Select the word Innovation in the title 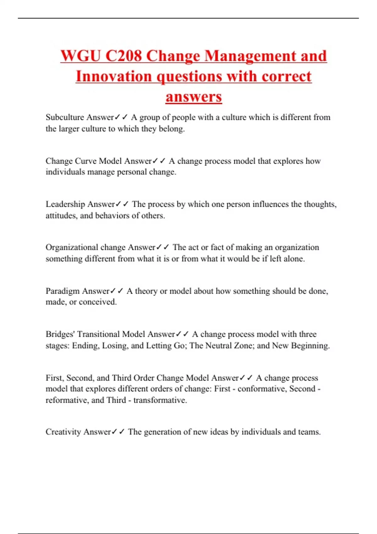pyautogui.click(x=113, y=76)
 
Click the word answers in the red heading pyautogui.click(x=194, y=96)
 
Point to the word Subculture pyautogui.click(x=65, y=117)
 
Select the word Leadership pyautogui.click(x=65, y=204)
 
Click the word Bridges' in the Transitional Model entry pyautogui.click(x=60, y=334)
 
